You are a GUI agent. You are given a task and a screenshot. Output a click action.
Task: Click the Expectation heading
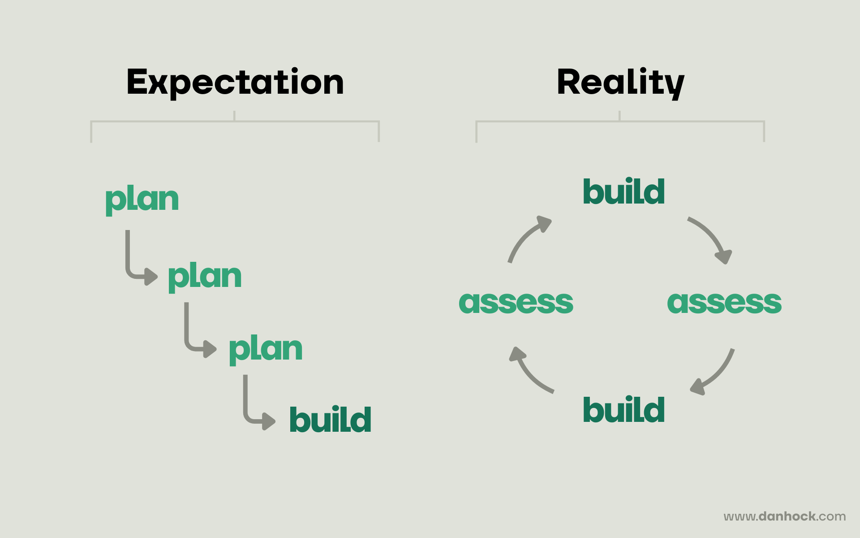click(x=235, y=82)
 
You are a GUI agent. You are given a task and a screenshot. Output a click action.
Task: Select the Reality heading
click(x=620, y=82)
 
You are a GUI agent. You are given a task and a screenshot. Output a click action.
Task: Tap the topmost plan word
click(x=142, y=200)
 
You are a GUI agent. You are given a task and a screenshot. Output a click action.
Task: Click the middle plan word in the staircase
click(x=205, y=277)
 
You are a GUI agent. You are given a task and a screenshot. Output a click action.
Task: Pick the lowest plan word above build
click(x=266, y=349)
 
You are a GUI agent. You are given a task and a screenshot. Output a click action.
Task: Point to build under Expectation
click(x=330, y=420)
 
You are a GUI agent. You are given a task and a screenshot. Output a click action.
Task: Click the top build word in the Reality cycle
click(x=623, y=192)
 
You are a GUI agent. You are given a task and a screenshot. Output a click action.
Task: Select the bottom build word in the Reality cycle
click(x=623, y=410)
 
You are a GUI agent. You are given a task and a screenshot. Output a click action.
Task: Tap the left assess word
click(x=516, y=302)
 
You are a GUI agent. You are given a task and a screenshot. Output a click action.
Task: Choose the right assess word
click(x=724, y=302)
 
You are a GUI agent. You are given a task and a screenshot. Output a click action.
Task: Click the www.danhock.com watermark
click(x=785, y=516)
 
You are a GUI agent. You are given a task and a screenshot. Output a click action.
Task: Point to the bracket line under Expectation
click(x=235, y=121)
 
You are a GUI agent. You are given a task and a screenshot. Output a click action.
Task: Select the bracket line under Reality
click(x=620, y=121)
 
